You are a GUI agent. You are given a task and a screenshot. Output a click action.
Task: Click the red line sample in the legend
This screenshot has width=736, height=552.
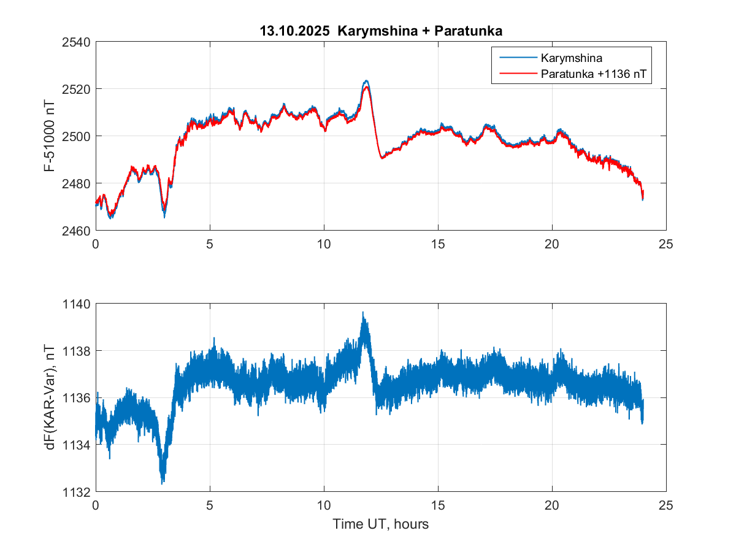(x=516, y=75)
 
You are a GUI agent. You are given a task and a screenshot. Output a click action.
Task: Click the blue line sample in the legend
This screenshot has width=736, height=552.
(x=516, y=59)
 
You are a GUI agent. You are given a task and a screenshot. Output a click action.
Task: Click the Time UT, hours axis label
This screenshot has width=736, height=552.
(x=380, y=524)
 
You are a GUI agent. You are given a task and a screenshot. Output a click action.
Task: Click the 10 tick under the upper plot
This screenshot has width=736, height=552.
(x=324, y=243)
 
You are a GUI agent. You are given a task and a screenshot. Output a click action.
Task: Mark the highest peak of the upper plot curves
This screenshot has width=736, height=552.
(x=366, y=80)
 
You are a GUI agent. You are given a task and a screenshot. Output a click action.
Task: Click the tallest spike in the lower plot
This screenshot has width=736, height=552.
(x=363, y=312)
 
